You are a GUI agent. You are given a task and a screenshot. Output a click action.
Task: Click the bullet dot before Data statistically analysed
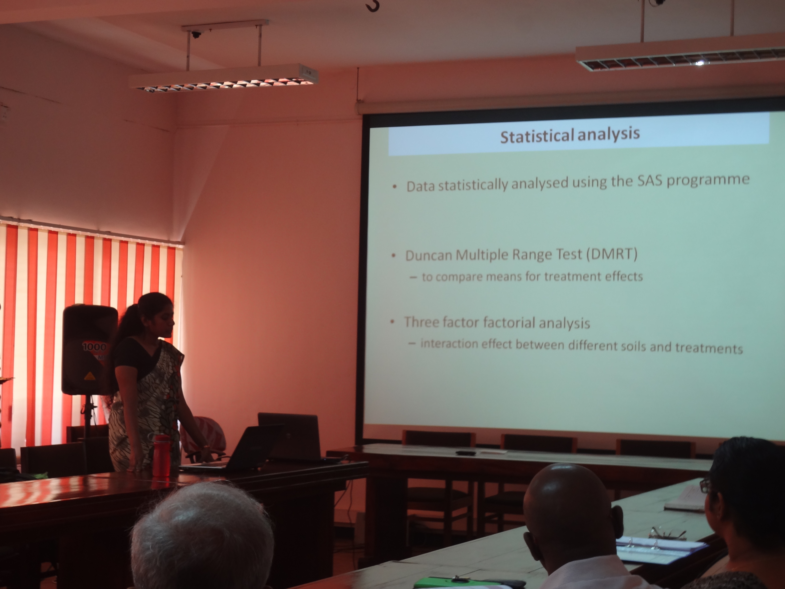click(x=395, y=187)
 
